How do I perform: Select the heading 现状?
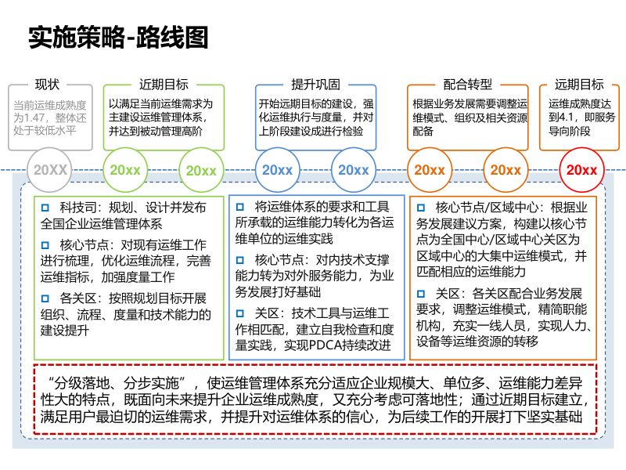point(47,85)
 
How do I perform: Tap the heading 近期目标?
point(164,85)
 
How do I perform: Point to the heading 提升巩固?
point(315,85)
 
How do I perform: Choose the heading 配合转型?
point(467,85)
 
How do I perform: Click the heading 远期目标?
point(579,85)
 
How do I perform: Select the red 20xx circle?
point(581,170)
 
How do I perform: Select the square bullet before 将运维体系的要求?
point(241,207)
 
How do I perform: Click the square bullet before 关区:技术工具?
point(241,313)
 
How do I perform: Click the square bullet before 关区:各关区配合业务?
point(421,293)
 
